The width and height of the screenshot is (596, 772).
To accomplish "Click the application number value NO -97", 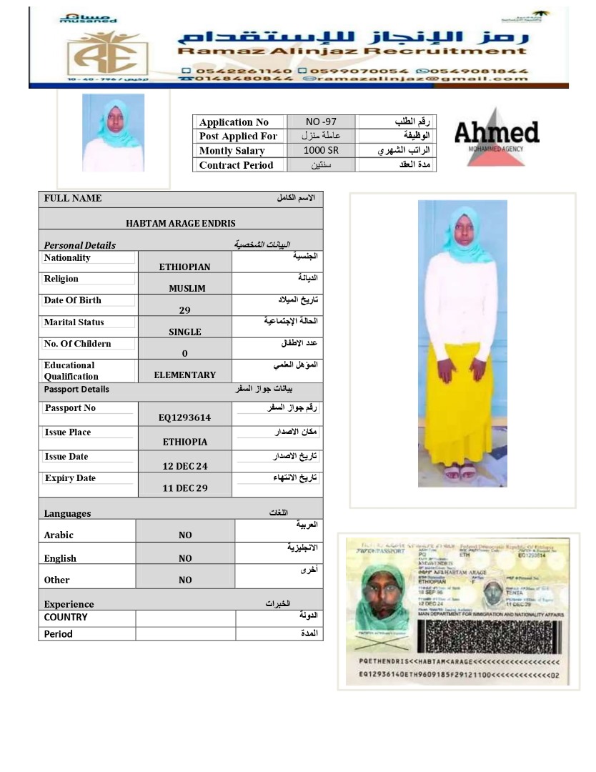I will (x=321, y=122).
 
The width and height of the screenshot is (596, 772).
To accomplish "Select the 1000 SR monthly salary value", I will (x=321, y=151).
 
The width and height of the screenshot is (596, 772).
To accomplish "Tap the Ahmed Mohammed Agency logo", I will (x=496, y=136).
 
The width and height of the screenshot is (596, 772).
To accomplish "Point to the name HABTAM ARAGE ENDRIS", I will (x=181, y=224).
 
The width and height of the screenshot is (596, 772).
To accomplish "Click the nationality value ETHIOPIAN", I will (x=184, y=267).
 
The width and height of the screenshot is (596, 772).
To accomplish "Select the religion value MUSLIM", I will (x=187, y=289).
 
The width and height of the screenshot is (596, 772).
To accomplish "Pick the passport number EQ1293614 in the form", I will (x=184, y=418).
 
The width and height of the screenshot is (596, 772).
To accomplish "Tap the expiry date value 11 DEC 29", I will (x=184, y=488).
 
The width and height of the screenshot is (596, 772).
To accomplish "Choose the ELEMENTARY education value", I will (x=184, y=375).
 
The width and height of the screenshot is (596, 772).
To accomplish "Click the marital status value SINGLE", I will (x=184, y=332).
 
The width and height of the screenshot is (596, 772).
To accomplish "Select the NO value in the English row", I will (x=185, y=559).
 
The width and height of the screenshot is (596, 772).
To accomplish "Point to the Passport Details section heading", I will (x=76, y=390).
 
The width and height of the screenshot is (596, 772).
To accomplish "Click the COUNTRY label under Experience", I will (x=66, y=618).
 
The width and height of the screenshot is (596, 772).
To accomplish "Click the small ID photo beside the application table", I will (x=113, y=133).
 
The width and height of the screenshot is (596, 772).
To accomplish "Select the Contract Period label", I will (x=236, y=165).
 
